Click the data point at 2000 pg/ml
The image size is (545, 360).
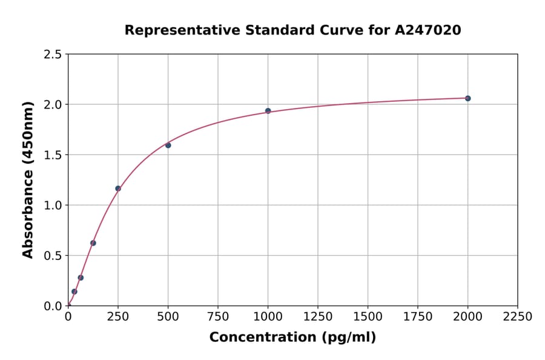click(x=467, y=98)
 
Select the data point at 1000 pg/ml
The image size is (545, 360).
click(x=268, y=111)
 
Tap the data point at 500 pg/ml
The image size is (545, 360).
click(x=168, y=145)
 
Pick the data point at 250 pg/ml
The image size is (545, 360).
click(x=118, y=188)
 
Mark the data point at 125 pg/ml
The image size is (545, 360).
click(x=93, y=243)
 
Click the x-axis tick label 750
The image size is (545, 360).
click(x=218, y=317)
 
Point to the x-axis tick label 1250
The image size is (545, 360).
click(x=318, y=317)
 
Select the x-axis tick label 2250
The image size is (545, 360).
click(x=518, y=317)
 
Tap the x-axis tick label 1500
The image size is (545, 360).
click(x=368, y=317)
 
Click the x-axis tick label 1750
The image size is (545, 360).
click(x=418, y=317)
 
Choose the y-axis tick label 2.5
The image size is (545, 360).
click(x=53, y=55)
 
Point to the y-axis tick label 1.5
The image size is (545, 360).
click(x=53, y=155)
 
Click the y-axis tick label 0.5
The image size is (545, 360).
click(x=53, y=256)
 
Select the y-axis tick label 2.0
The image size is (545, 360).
click(x=53, y=105)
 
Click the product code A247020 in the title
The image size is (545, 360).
click(x=429, y=30)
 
